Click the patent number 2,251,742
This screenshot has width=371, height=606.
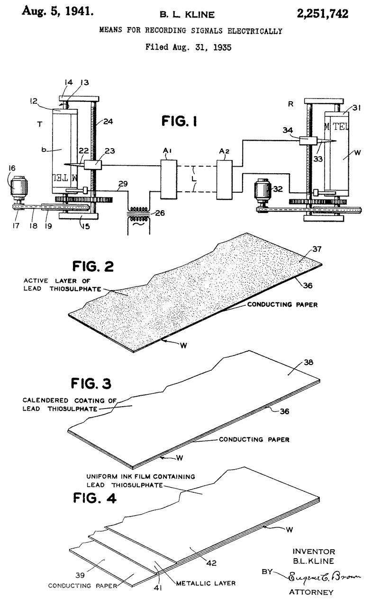point(322,14)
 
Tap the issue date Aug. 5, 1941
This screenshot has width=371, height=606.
point(58,11)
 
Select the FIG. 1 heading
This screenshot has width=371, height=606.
point(179,121)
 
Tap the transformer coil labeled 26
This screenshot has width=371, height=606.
point(139,214)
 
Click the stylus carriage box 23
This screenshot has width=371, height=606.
point(92,165)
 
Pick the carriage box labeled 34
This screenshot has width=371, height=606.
point(308,141)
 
